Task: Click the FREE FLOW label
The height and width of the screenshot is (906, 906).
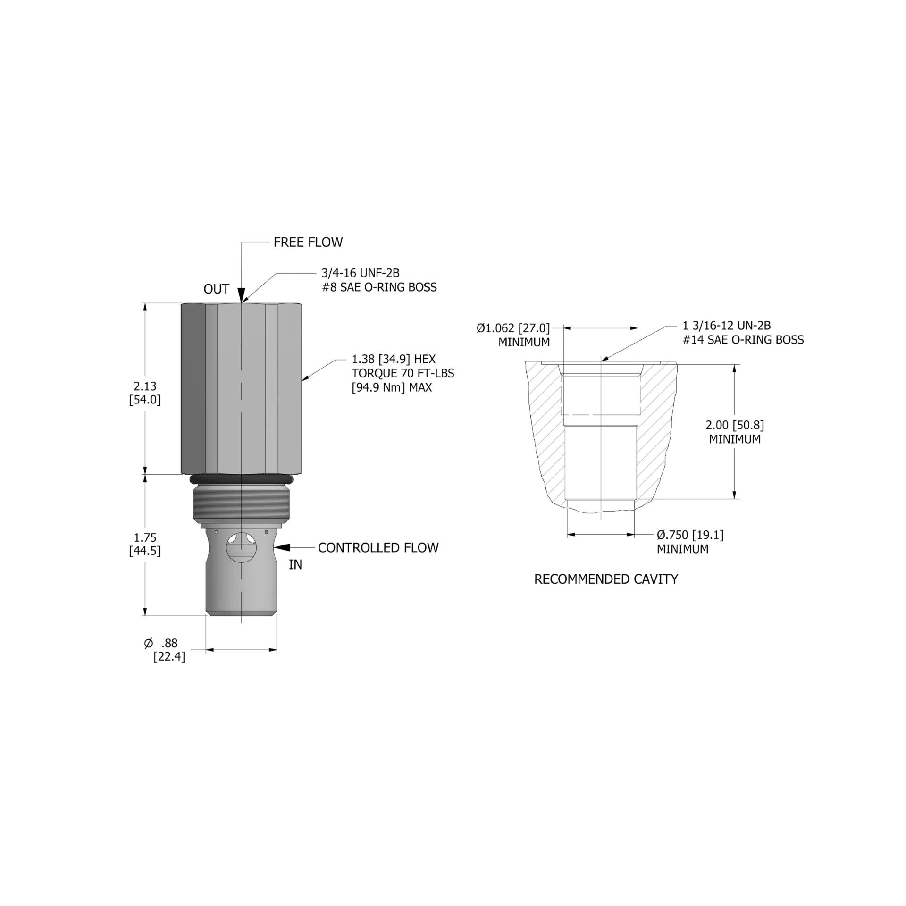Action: (x=308, y=242)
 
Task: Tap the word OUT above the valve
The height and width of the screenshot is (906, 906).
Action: (x=216, y=289)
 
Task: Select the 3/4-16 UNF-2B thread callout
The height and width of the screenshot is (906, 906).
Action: (x=361, y=273)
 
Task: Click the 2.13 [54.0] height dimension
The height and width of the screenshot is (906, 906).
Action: (x=145, y=393)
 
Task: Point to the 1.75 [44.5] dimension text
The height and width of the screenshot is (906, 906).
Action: (x=145, y=544)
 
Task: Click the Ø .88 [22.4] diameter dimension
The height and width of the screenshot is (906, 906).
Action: (x=165, y=649)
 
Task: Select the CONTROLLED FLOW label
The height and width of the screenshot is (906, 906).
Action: (x=378, y=547)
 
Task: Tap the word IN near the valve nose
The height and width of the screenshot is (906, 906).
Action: (x=295, y=565)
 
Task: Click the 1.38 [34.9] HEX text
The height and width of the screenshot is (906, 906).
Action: (x=394, y=360)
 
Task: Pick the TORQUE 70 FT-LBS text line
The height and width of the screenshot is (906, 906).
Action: (x=403, y=373)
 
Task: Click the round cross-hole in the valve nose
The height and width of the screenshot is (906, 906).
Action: (x=241, y=547)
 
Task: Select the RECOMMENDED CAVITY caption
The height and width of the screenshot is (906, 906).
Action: (x=605, y=579)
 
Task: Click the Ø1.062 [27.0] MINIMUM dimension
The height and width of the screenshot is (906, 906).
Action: (x=513, y=335)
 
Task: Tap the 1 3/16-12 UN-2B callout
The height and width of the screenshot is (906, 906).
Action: (x=726, y=325)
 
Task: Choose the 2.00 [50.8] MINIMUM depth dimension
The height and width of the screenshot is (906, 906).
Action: (x=735, y=432)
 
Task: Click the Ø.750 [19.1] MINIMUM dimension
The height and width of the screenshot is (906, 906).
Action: (x=690, y=542)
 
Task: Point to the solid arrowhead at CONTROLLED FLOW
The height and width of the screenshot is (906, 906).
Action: (x=282, y=547)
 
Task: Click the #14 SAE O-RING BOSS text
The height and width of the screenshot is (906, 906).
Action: (x=743, y=340)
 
